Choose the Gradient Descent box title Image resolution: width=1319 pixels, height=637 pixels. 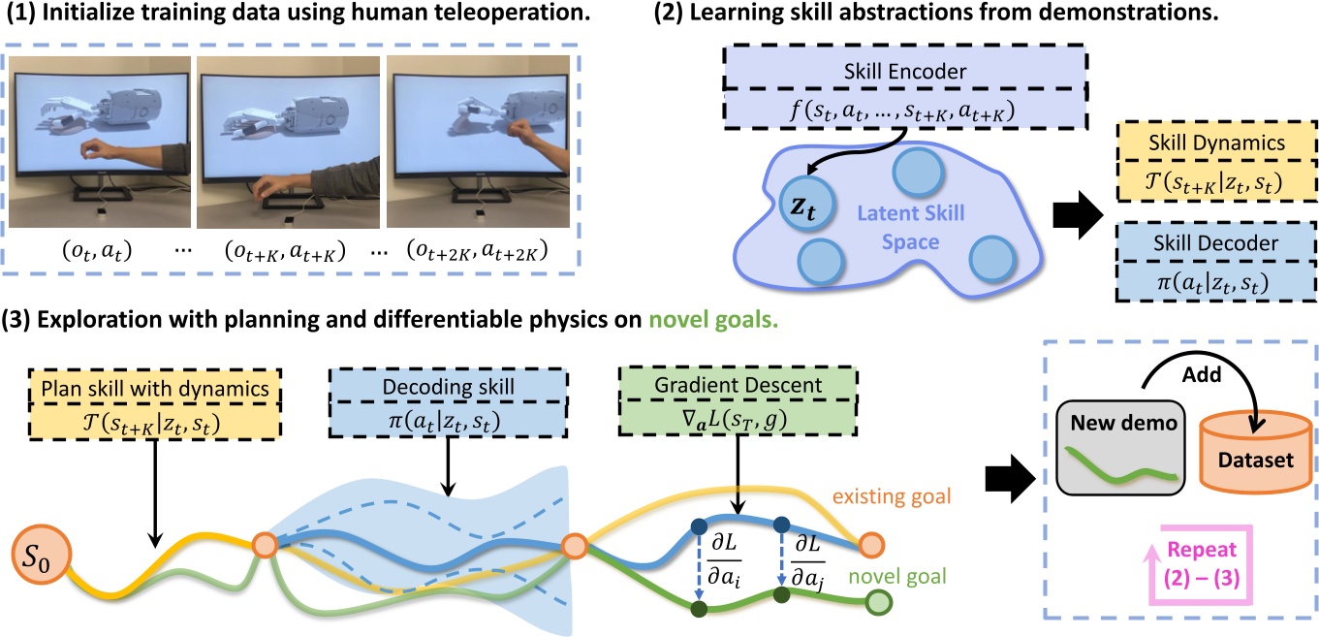click(721, 383)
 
